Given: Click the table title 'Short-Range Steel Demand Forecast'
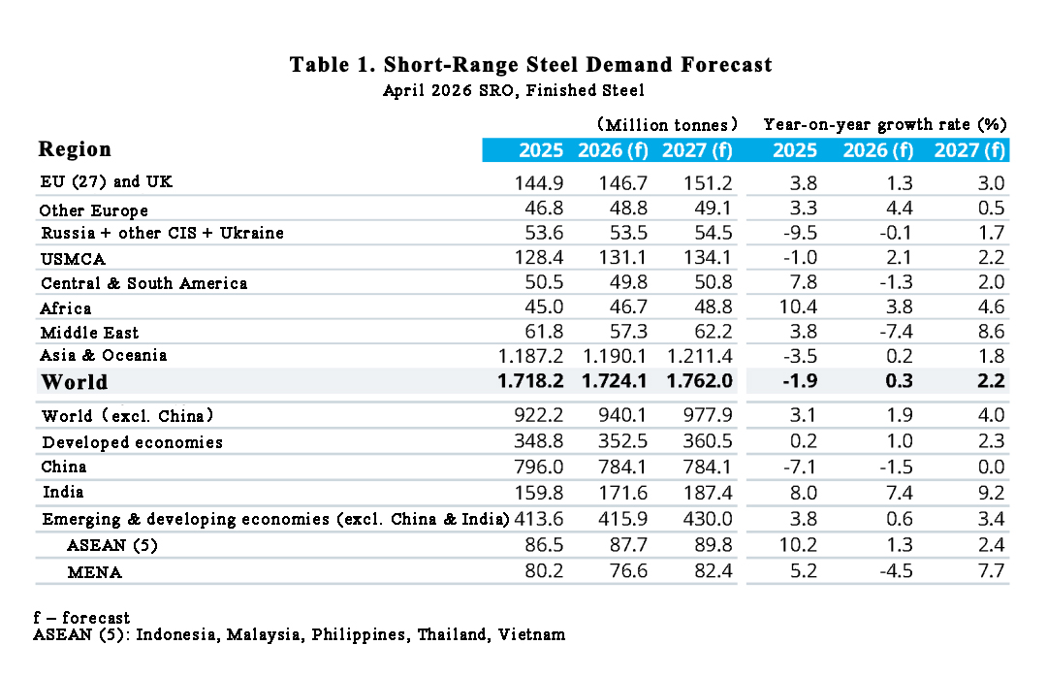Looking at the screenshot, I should point(530,65).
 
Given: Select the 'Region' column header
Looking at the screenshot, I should point(75,149).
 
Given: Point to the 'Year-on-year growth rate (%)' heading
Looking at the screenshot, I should point(885,124).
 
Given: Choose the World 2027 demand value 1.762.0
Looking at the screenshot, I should point(697,381).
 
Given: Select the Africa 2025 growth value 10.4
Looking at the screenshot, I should point(798,308).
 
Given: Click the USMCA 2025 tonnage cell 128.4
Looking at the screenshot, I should point(538,258).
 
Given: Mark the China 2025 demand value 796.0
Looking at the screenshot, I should point(538,467).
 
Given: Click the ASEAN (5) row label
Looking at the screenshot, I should point(111,546).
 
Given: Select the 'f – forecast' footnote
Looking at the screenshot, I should point(81,618).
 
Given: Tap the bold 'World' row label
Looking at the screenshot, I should point(75,382).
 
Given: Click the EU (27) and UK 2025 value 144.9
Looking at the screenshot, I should point(538,182).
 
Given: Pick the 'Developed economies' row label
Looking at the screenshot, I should point(132,442).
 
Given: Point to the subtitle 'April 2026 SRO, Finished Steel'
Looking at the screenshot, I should point(514,90).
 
